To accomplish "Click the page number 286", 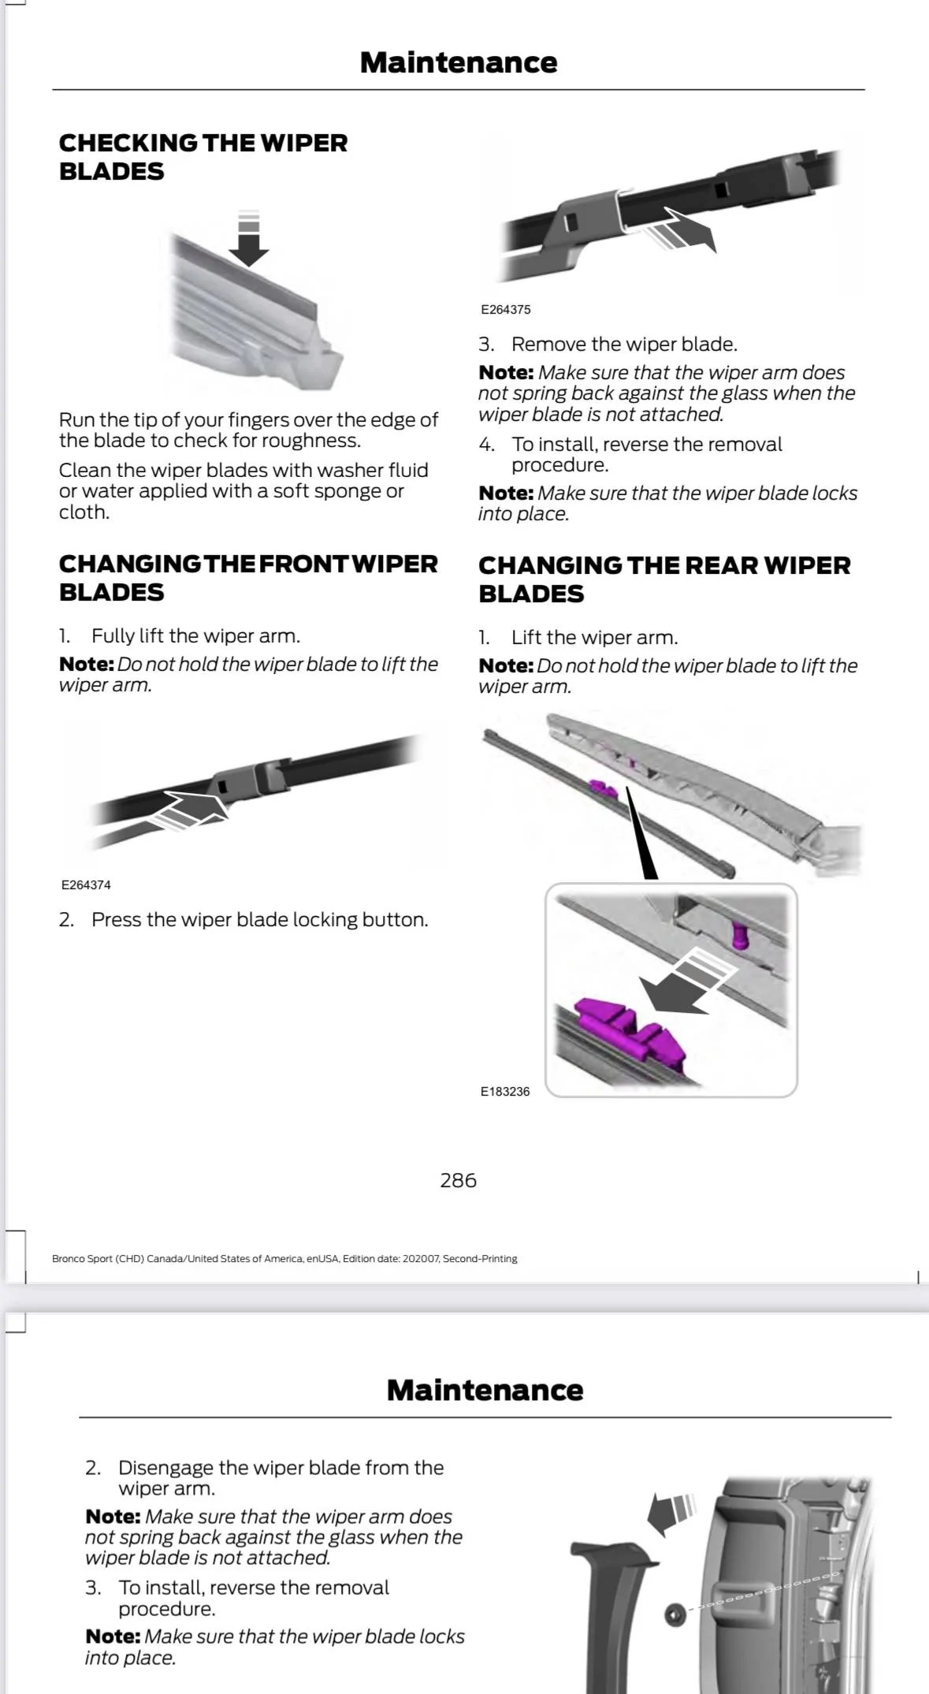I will [458, 1180].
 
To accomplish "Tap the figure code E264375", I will [505, 310].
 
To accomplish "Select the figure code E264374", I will [86, 885].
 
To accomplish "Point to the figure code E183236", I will [505, 1092].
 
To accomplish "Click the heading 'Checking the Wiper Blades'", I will [203, 157].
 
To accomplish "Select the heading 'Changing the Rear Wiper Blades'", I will [663, 579].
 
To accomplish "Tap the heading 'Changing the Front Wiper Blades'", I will [247, 578].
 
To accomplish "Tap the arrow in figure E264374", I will [193, 810].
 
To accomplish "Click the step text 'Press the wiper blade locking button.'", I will [259, 920].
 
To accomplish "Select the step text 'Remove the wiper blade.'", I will [623, 344].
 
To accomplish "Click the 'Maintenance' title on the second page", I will [485, 1390].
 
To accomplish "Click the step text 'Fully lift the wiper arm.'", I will [195, 636].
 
